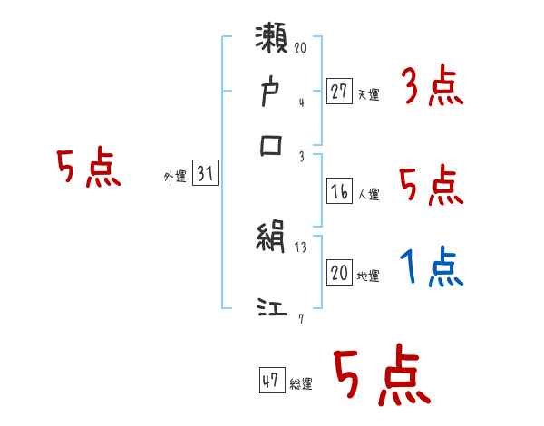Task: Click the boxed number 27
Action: click(x=339, y=92)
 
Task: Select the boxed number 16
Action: click(x=339, y=191)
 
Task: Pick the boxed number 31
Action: click(x=205, y=175)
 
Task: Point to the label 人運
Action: click(x=368, y=194)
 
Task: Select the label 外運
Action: click(x=175, y=178)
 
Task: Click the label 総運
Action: click(x=301, y=384)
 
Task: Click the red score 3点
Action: click(x=432, y=90)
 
